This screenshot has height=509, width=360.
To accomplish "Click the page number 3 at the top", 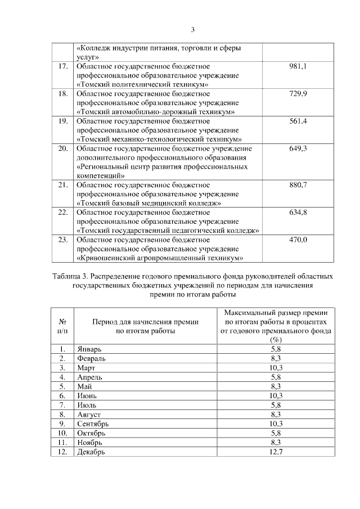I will click(192, 30).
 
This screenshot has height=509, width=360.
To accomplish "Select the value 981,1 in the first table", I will click(298, 66).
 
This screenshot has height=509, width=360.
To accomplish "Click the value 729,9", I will click(298, 93).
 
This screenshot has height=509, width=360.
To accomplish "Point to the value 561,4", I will click(298, 121).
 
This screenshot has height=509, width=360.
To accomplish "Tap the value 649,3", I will click(298, 148).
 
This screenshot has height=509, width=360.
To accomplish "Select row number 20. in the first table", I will click(63, 148).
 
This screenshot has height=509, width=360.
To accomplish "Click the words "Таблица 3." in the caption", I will click(70, 277).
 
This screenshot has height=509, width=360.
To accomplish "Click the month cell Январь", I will click(89, 349).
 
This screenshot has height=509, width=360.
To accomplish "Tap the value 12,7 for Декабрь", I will click(276, 451).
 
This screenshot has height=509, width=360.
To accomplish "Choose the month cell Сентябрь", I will click(93, 424).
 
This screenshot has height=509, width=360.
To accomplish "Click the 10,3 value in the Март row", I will click(276, 368).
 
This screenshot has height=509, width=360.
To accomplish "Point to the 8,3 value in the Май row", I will click(276, 386).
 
